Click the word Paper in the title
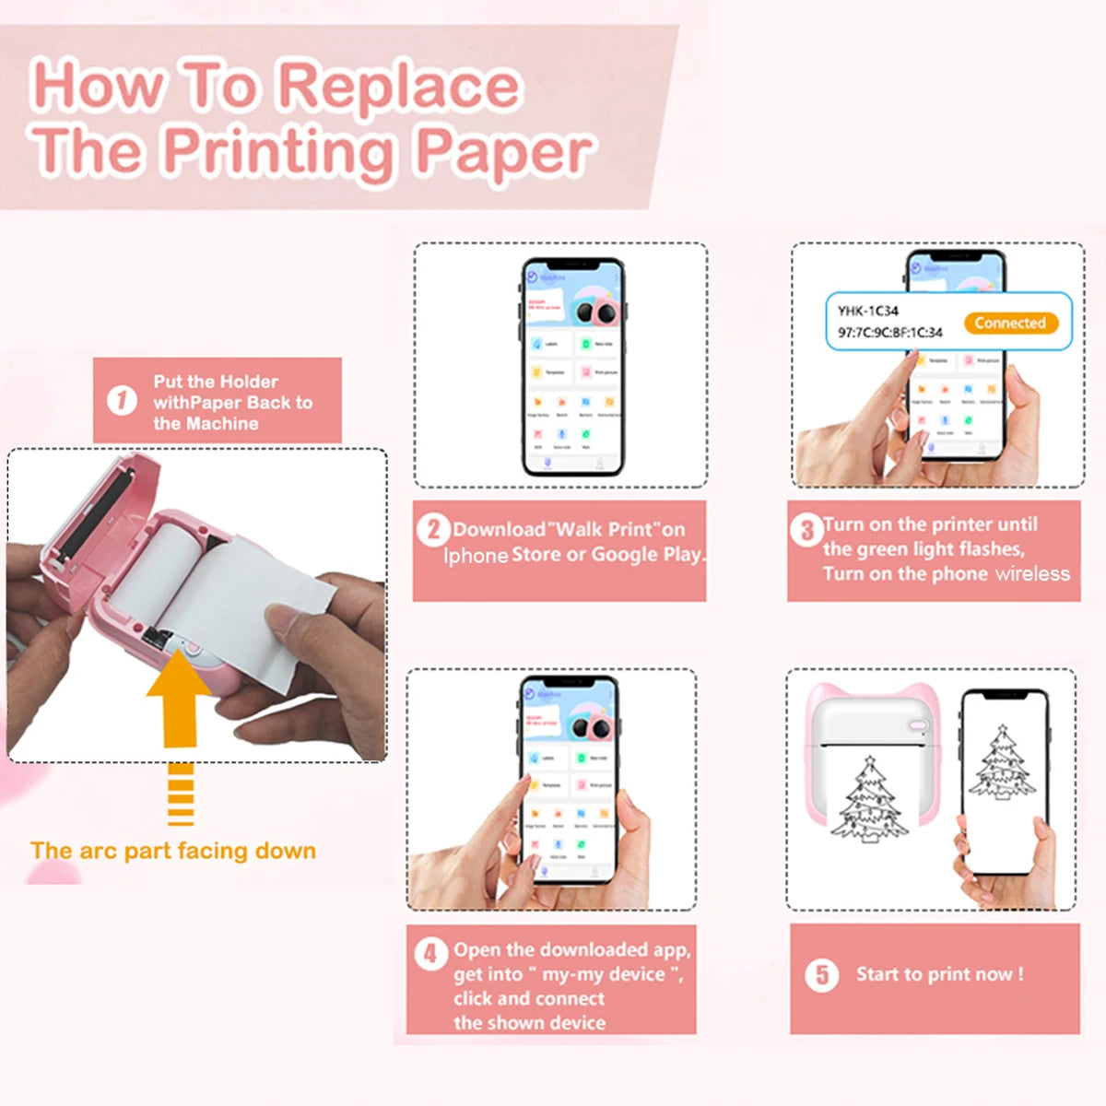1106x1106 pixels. (502, 152)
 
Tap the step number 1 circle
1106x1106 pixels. (122, 401)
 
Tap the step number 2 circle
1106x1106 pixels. (432, 529)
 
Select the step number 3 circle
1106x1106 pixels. (806, 529)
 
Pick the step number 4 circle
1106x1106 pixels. (429, 953)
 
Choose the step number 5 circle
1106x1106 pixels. (821, 974)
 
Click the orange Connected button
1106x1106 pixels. (1010, 323)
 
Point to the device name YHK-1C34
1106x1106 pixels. (867, 311)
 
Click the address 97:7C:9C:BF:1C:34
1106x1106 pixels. (889, 333)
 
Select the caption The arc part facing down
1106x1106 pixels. (172, 851)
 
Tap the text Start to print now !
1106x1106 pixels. (939, 974)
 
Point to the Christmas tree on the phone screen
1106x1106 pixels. (1002, 765)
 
